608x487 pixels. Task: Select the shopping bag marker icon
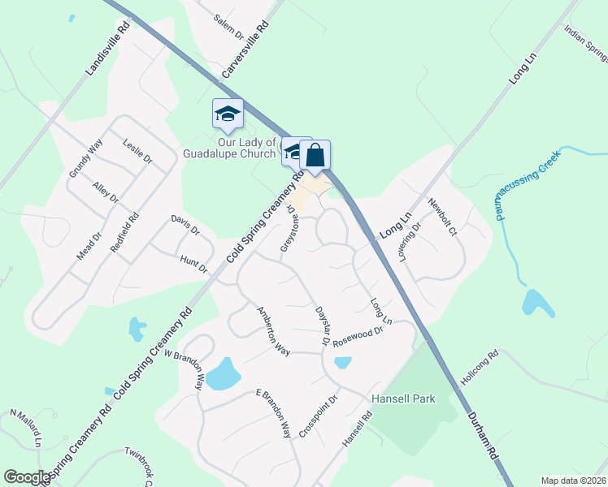(315, 154)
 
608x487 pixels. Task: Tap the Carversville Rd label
(245, 50)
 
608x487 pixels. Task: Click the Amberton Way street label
(273, 331)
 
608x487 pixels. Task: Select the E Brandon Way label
(273, 414)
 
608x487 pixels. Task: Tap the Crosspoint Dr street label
(318, 417)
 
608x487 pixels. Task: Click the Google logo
(27, 477)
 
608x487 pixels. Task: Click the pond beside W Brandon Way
(223, 374)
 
